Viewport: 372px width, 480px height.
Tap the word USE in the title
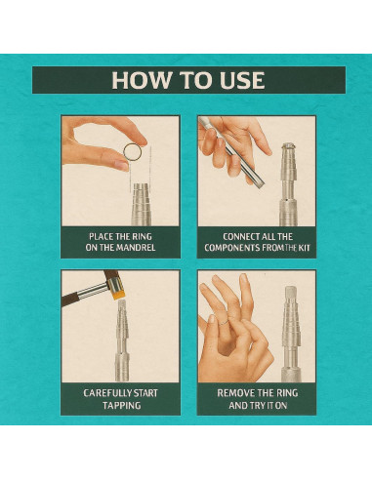(x=242, y=80)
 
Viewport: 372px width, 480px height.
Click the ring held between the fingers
(x=133, y=152)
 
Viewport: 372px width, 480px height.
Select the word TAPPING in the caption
(x=121, y=406)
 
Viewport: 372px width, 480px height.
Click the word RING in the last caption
(x=288, y=393)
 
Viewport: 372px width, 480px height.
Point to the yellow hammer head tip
(x=119, y=296)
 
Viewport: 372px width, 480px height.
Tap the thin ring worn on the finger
(x=224, y=321)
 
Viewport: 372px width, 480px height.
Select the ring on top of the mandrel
(x=288, y=146)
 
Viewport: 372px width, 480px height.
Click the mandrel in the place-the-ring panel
(x=142, y=205)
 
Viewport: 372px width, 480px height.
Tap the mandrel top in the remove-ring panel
(x=290, y=293)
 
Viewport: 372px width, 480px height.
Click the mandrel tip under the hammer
(x=122, y=304)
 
